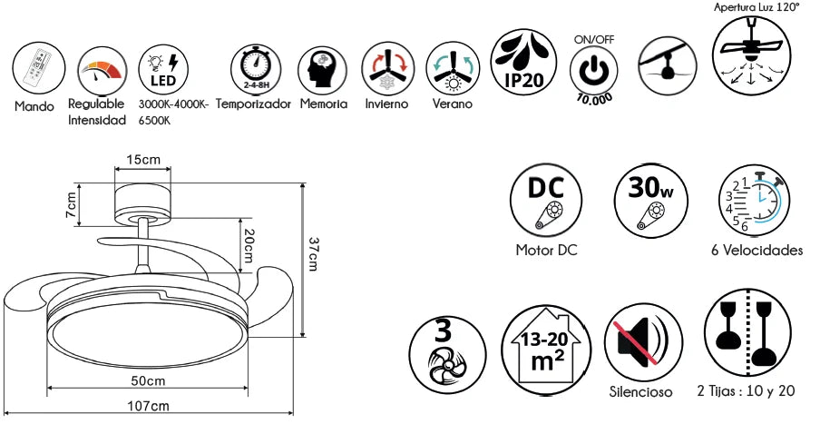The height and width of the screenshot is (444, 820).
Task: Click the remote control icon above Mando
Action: pyautogui.click(x=39, y=69)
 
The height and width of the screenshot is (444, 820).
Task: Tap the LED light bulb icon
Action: pyautogui.click(x=163, y=70)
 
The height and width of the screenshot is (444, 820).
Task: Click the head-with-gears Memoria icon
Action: pyautogui.click(x=323, y=70)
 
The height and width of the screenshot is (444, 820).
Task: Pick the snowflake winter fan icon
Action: pyautogui.click(x=387, y=69)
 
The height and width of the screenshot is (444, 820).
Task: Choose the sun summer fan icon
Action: pyautogui.click(x=453, y=69)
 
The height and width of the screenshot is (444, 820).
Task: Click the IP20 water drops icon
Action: pyautogui.click(x=524, y=63)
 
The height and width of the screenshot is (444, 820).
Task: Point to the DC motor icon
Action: pyautogui.click(x=546, y=200)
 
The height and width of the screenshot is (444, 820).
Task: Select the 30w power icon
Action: pyautogui.click(x=650, y=200)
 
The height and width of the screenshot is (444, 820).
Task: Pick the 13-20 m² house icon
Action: pyautogui.click(x=546, y=350)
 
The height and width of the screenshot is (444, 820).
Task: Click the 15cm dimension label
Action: pyautogui.click(x=142, y=159)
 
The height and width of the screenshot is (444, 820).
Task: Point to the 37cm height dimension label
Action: pyautogui.click(x=313, y=254)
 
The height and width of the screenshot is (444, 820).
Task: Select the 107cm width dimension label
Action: pyautogui.click(x=149, y=406)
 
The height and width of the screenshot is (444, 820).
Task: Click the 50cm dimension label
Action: pyautogui.click(x=148, y=380)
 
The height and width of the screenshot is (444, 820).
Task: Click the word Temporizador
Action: pyautogui.click(x=253, y=104)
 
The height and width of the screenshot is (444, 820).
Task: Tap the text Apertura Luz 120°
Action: pyautogui.click(x=757, y=7)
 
